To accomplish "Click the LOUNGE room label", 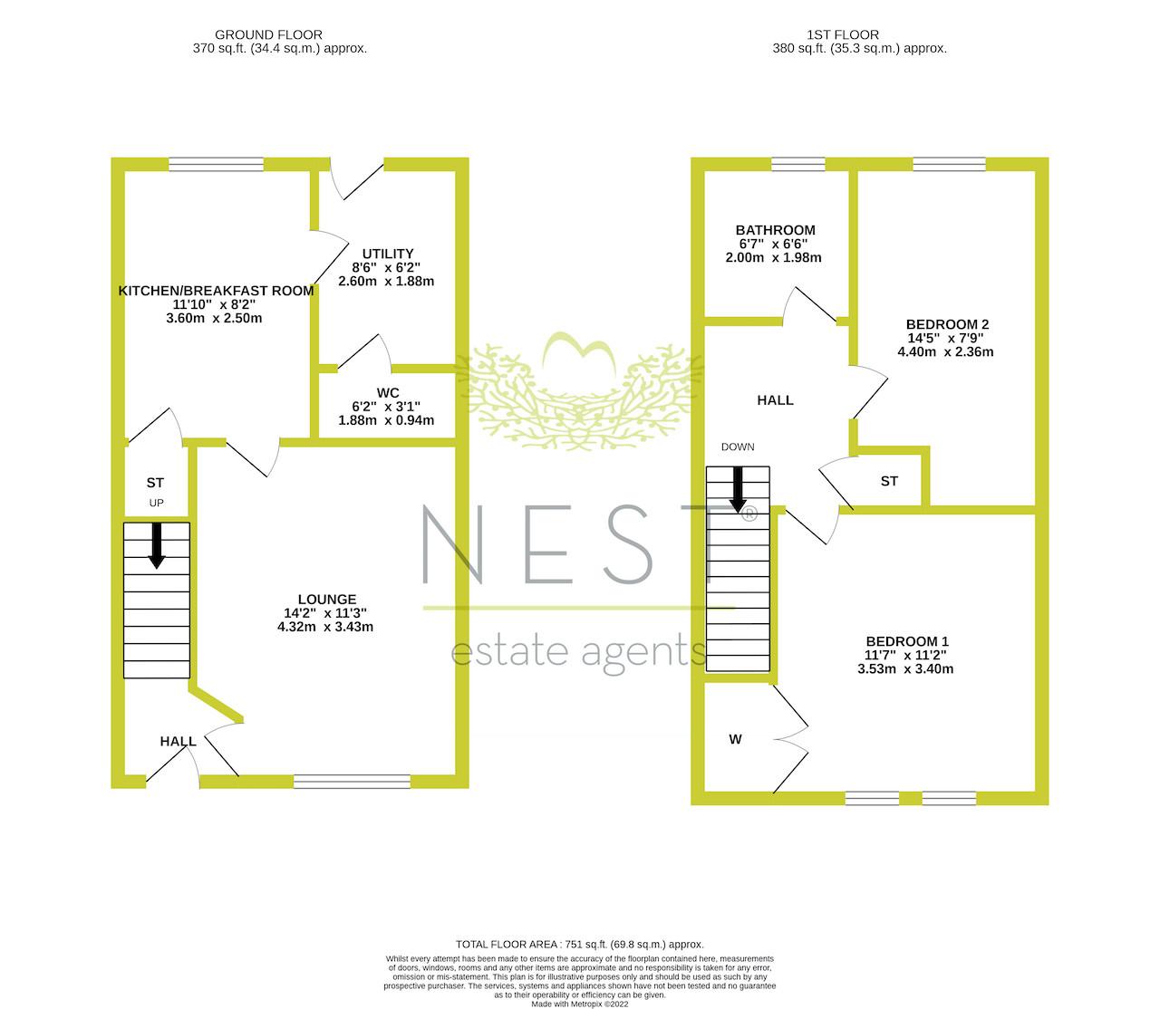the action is [x=327, y=599].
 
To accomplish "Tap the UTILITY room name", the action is [x=388, y=254].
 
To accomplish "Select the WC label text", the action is [x=388, y=392].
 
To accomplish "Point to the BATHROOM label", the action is [x=775, y=230].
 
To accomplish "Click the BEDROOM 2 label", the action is [x=947, y=324].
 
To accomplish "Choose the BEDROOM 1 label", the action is [x=907, y=641].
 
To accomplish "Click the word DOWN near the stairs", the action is [x=738, y=447].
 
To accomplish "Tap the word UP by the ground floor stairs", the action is [x=157, y=503].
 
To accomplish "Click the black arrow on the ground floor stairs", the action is [x=157, y=545].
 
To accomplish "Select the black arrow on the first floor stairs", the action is [x=738, y=489].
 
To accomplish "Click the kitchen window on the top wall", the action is [x=216, y=164].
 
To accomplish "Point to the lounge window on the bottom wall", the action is [x=353, y=782].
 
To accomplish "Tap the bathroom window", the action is [x=797, y=164].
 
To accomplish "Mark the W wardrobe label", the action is [x=735, y=739].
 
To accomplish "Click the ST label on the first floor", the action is [x=889, y=481].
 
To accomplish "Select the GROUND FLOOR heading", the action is [x=269, y=34].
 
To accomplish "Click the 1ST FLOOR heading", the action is [x=843, y=34].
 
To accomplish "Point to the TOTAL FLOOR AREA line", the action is [x=579, y=945].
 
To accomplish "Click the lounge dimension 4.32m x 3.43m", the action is [x=325, y=627].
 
